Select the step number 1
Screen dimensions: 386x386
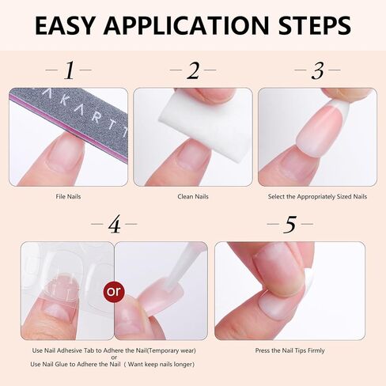tap(69, 72)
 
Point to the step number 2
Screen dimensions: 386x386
tap(193, 72)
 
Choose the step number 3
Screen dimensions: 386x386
tap(317, 72)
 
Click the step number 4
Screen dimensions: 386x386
tap(114, 225)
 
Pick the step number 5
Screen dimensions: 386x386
tap(289, 225)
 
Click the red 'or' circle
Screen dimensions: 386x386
tap(115, 291)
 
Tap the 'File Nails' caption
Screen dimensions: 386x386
tap(68, 196)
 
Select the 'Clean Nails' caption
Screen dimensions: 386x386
tap(192, 196)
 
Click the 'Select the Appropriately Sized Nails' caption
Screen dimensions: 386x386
tap(316, 196)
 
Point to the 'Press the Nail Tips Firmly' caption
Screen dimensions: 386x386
tap(289, 350)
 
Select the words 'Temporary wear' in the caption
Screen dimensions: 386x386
tap(167, 350)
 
